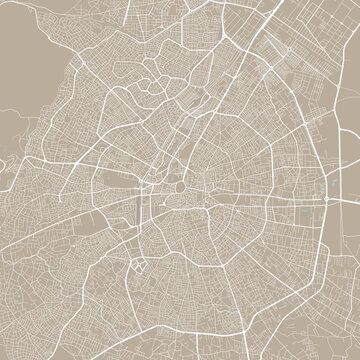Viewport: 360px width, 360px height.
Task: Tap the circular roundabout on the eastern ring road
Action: point(327,200)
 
